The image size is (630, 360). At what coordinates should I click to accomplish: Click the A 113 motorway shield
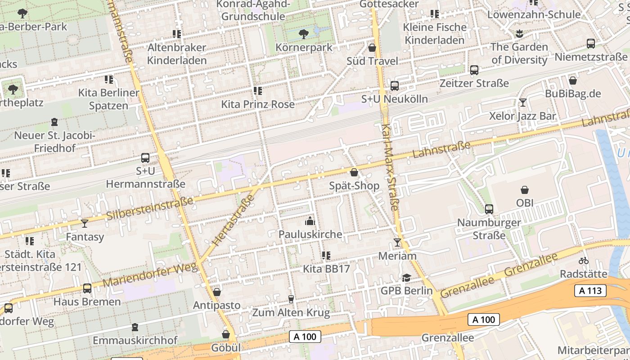point(590,291)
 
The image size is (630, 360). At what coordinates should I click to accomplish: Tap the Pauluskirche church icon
point(310,221)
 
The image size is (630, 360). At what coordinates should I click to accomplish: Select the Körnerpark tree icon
point(304,34)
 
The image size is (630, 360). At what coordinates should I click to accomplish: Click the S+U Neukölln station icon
point(395,85)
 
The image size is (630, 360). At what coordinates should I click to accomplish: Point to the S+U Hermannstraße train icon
point(145,158)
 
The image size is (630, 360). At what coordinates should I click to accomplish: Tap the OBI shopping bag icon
point(524,190)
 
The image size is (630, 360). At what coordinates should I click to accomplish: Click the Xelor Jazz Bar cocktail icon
point(522,103)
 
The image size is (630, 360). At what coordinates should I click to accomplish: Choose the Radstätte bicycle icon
point(584,261)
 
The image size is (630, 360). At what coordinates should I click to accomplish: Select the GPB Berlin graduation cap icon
point(406,278)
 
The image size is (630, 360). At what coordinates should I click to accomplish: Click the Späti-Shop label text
point(354,186)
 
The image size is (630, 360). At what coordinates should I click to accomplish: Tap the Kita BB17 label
point(326,269)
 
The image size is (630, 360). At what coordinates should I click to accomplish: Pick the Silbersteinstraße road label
point(150,208)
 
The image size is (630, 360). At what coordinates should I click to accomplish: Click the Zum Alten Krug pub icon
point(291,299)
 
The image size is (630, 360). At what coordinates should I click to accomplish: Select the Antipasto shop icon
point(216,292)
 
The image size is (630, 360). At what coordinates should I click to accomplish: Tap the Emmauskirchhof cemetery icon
point(135,327)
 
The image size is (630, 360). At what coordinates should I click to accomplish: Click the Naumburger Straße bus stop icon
point(489,209)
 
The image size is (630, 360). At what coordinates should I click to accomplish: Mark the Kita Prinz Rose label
point(258,104)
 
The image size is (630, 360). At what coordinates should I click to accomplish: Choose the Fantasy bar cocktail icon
point(85,223)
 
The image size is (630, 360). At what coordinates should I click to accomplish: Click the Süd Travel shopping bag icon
point(372,48)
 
